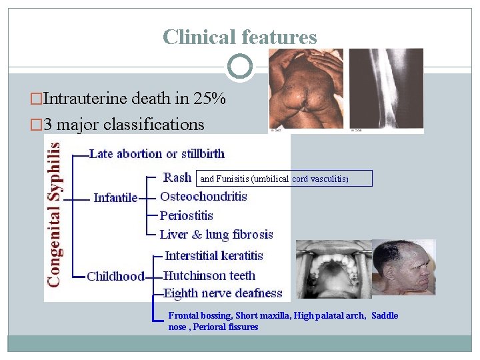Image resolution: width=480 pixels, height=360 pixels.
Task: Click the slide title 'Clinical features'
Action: click(240, 37)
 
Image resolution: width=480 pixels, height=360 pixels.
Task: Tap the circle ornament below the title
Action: click(240, 67)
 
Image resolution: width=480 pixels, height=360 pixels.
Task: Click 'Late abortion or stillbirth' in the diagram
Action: click(157, 154)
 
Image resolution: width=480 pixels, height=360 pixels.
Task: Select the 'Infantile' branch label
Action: click(115, 197)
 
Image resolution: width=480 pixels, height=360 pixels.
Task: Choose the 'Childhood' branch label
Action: click(115, 276)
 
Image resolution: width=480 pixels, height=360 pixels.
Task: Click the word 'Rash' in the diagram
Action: click(178, 177)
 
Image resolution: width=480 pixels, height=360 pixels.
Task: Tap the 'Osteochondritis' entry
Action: click(203, 197)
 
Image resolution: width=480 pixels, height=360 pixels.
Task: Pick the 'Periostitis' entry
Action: click(187, 215)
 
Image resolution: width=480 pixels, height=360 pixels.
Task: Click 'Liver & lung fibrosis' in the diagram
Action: click(217, 234)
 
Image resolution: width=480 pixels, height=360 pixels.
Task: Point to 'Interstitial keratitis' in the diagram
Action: click(214, 255)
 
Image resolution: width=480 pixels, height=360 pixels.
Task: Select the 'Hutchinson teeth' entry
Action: click(209, 275)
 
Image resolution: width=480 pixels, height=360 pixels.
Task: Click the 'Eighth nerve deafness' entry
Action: click(223, 293)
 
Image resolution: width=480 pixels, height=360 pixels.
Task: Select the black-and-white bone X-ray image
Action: click(386, 90)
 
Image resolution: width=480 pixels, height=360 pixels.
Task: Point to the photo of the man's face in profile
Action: click(403, 267)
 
